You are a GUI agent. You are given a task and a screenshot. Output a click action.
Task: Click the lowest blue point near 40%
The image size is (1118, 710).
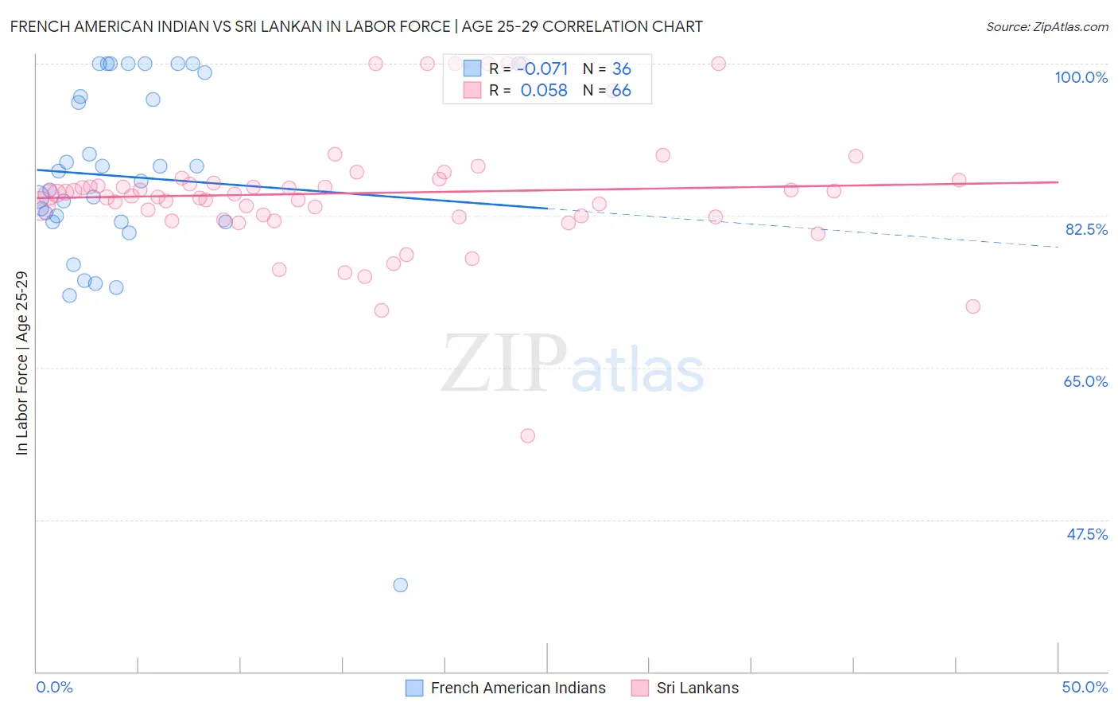401,585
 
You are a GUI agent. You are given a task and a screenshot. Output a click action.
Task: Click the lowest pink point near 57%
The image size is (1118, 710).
527,435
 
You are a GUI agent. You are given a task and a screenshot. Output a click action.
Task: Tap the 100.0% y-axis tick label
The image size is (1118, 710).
1081,77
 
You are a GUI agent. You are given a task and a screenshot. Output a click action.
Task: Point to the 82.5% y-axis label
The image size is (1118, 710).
1086,229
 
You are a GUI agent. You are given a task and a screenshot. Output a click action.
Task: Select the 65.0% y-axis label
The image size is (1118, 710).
1085,381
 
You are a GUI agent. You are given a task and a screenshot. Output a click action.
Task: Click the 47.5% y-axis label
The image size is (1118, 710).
1087,534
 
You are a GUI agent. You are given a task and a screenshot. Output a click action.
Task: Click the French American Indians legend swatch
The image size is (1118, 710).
414,688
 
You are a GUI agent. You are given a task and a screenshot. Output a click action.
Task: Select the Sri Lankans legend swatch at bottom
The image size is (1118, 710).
640,688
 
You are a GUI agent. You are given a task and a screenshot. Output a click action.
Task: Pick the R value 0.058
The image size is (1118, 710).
544,91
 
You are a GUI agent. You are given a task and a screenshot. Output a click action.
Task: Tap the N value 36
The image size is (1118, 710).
621,69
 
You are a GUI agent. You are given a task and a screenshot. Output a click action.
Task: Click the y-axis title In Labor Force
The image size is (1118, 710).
22,363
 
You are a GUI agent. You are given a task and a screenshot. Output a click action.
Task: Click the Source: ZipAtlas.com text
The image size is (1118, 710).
1047,27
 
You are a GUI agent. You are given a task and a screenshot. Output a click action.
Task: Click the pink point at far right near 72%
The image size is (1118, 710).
972,306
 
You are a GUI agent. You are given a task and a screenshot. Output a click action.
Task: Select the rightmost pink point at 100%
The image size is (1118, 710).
718,64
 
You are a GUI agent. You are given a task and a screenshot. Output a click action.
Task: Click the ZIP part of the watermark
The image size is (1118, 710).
504,364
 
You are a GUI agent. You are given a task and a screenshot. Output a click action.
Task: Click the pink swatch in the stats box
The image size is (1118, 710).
472,90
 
